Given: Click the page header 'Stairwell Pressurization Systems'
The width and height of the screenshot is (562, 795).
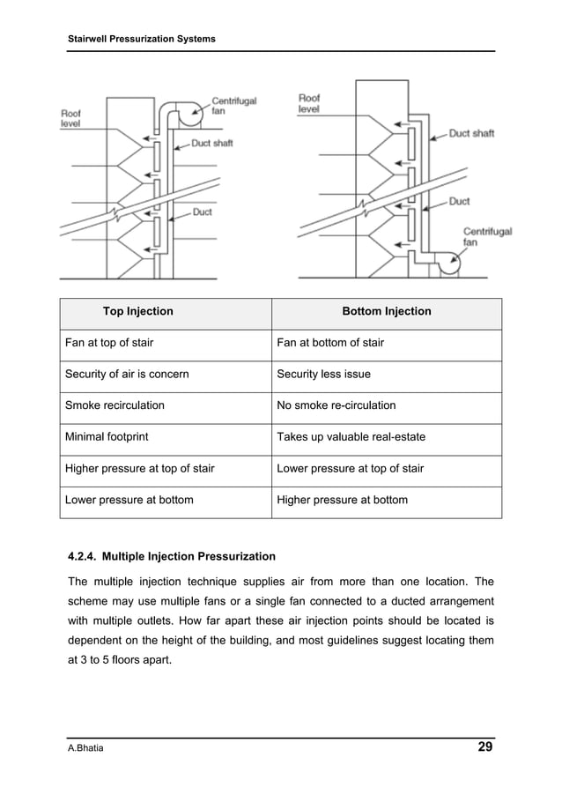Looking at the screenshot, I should [x=142, y=40].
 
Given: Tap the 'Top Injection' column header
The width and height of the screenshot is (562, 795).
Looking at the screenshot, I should [x=138, y=311].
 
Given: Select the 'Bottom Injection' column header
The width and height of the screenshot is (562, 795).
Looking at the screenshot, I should [x=387, y=311].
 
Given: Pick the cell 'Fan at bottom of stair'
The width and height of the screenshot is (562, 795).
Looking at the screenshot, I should [x=330, y=343].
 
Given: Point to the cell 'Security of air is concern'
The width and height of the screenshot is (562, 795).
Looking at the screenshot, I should [x=127, y=374].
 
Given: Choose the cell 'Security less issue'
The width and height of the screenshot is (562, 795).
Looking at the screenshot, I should [x=323, y=374].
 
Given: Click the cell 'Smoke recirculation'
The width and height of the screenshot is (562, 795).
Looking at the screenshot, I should [x=115, y=405].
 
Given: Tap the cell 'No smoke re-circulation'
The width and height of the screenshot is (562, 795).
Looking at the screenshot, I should [x=336, y=405].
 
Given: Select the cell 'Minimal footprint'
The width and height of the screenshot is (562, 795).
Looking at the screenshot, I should [x=107, y=437].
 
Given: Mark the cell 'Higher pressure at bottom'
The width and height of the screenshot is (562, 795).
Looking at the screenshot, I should [x=342, y=500].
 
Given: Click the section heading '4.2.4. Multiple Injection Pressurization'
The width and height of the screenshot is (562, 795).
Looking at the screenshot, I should [x=172, y=556].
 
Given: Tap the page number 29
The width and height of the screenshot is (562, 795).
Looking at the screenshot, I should [x=484, y=747].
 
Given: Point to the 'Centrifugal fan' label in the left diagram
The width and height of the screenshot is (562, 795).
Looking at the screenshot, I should [x=233, y=106].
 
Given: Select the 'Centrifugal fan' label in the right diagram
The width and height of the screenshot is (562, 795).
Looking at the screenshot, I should [x=487, y=237].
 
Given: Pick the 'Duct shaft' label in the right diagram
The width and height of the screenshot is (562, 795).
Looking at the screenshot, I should [x=471, y=134].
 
